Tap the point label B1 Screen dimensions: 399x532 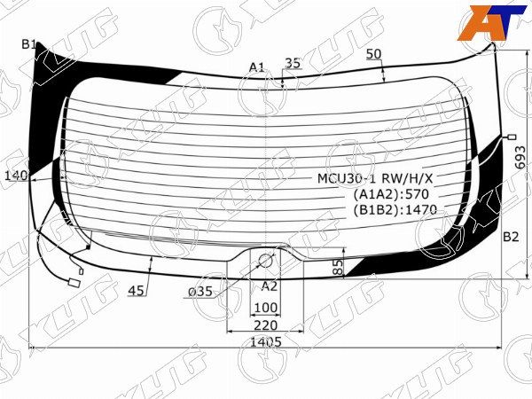coord(29,44)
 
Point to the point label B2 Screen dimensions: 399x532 coord(511,237)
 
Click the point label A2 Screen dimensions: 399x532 coord(270,286)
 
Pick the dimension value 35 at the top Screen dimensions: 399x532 coord(293,63)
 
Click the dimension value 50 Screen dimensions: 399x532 coord(373,54)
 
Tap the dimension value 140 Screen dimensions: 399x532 coord(16,176)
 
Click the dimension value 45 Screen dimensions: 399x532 coord(137,289)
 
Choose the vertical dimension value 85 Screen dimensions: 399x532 coord(338,269)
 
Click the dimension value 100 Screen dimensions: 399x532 coord(265,308)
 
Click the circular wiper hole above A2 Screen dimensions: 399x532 coord(265,261)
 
